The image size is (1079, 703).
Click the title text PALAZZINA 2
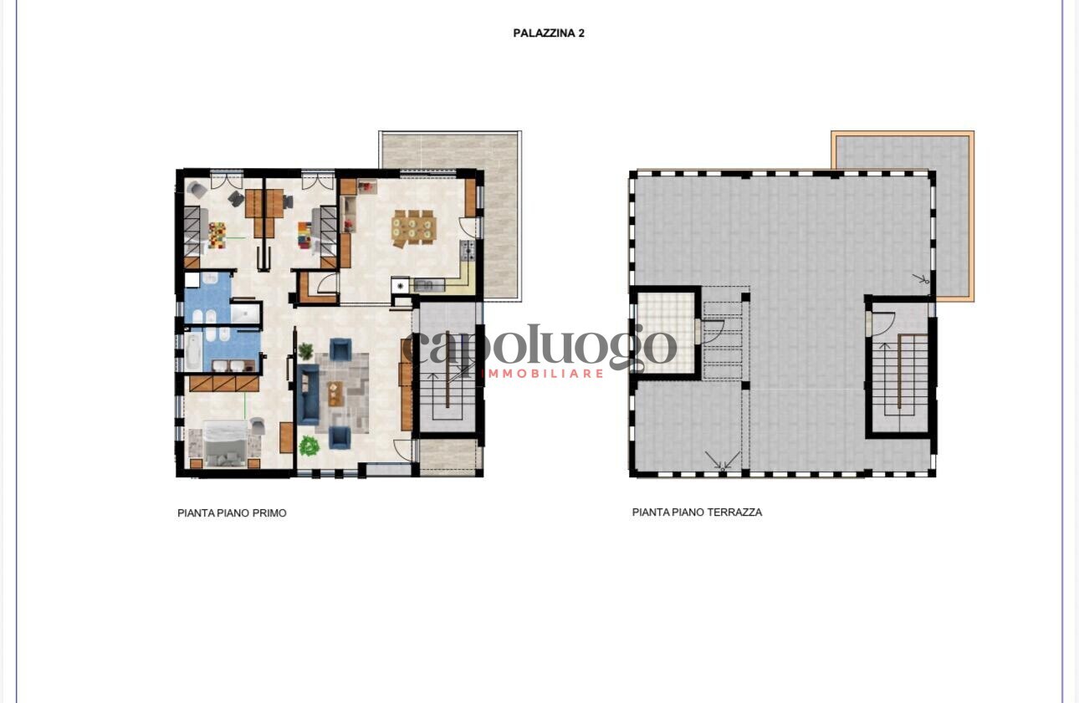[x=549, y=33]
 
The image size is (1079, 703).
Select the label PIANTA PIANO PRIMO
[x=232, y=513]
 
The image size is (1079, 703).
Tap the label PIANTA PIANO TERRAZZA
[x=697, y=512]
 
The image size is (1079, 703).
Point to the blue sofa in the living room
[x=309, y=395]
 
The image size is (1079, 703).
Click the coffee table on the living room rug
[x=335, y=394]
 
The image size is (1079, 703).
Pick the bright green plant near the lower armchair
[x=309, y=446]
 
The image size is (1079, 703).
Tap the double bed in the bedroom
[x=224, y=444]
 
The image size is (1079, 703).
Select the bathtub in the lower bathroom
[x=194, y=351]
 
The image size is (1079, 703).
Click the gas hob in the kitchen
[x=467, y=251]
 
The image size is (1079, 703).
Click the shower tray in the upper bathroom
[x=245, y=313]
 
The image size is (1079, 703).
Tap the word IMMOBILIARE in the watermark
[x=542, y=374]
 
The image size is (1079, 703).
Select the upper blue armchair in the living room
[x=340, y=349]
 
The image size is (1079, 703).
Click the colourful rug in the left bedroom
[x=217, y=235]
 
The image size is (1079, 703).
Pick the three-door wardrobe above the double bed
[x=224, y=384]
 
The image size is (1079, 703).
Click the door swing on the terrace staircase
[x=882, y=323]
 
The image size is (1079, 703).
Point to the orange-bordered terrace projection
[x=903, y=215]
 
